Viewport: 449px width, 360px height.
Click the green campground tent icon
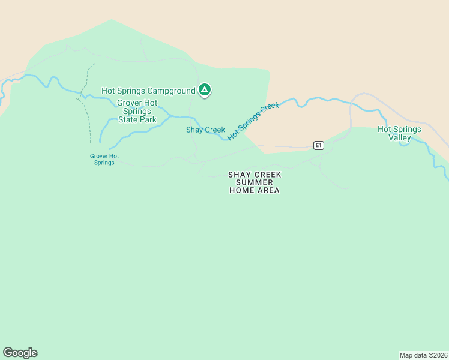coord(204,90)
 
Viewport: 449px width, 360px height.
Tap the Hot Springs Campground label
coord(148,91)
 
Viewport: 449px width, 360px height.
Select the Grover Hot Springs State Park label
coord(137,111)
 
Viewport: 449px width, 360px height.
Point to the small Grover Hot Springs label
coord(104,159)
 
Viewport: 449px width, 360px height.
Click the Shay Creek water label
coord(205,130)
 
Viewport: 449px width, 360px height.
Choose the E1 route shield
coord(319,145)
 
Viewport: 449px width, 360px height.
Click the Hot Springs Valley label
coord(399,133)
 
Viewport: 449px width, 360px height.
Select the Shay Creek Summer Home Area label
coord(255,182)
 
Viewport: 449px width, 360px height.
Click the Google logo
coord(20,353)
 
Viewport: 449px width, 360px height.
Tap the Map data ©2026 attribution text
coord(424,355)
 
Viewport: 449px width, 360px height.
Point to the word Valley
coord(399,137)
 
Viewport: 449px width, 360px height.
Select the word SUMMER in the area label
coord(255,182)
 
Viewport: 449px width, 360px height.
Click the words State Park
coord(137,119)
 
